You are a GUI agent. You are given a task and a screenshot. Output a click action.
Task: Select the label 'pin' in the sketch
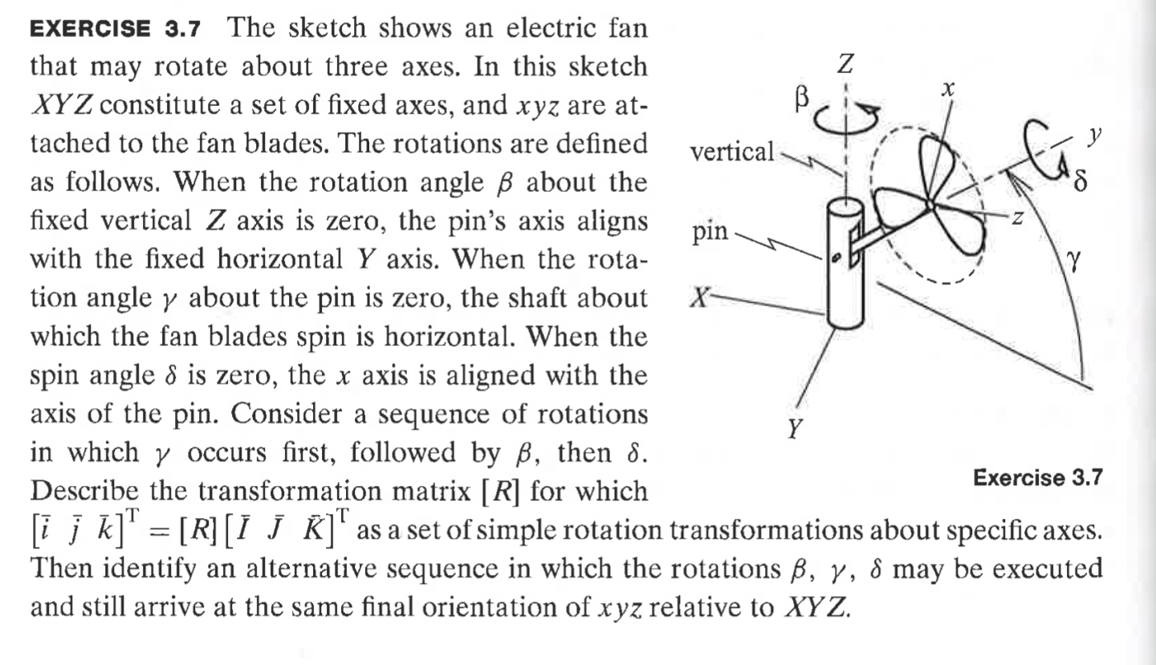(710, 233)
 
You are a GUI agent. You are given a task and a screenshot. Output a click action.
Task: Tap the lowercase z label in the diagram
(1016, 218)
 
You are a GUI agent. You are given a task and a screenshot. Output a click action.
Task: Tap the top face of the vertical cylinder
(845, 207)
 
